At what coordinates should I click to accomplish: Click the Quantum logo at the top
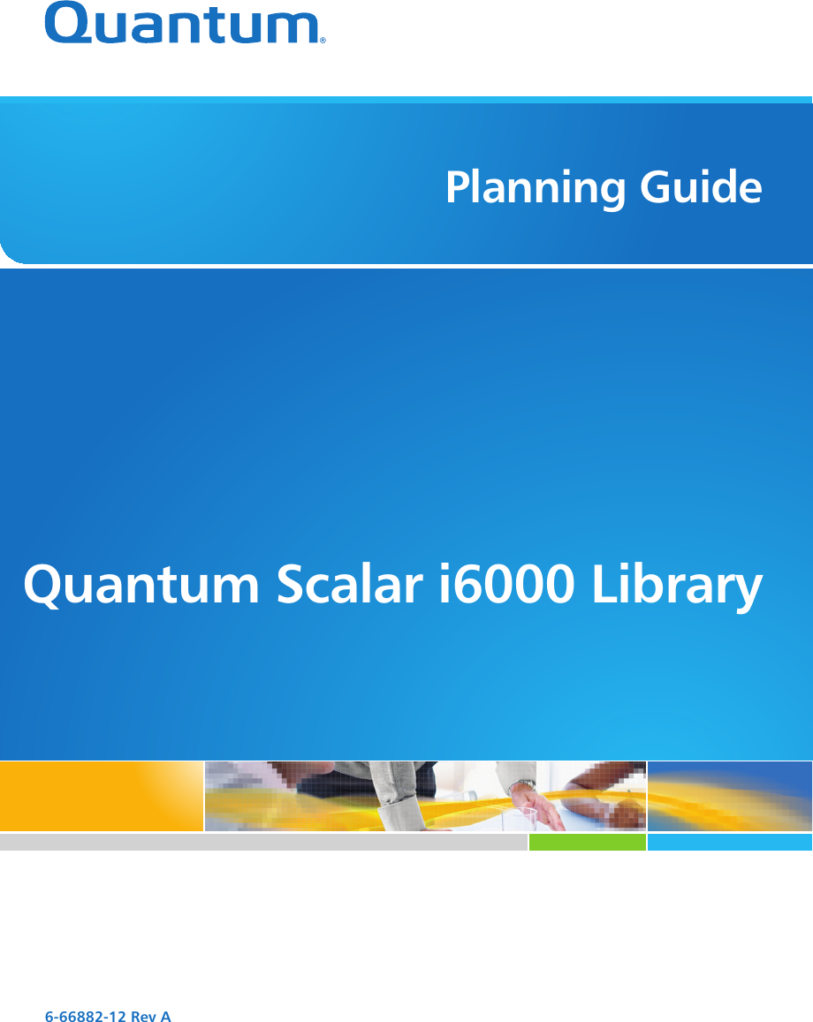[186, 24]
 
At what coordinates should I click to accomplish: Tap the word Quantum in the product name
[141, 586]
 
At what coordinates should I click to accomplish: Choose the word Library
[677, 586]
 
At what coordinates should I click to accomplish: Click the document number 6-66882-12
[85, 1016]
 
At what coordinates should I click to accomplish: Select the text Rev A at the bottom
[150, 1016]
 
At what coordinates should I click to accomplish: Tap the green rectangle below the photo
[588, 842]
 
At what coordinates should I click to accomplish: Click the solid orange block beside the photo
[102, 796]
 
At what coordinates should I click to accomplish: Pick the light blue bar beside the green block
[730, 842]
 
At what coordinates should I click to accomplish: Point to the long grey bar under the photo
[263, 842]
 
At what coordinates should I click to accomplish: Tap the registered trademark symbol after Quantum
[322, 40]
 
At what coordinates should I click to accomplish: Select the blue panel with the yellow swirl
[730, 796]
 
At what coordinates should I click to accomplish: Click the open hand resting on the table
[540, 809]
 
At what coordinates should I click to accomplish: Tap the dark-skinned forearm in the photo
[601, 796]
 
